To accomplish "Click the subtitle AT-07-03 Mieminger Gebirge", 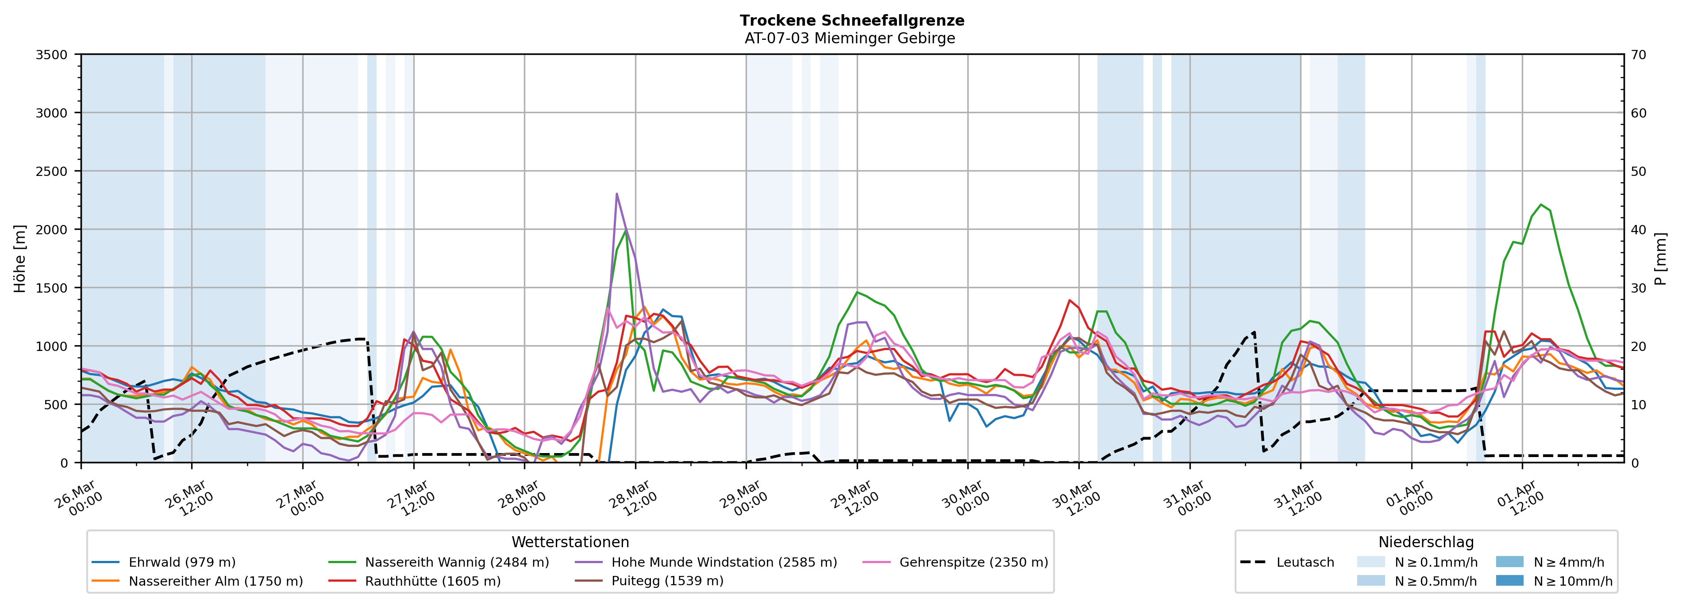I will (850, 38).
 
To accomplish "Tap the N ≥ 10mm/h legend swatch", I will (1509, 580).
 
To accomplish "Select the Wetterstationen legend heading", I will (570, 542).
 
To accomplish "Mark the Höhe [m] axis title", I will (20, 258).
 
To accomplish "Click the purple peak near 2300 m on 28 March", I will (616, 194).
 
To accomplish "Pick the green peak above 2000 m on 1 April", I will (1541, 205).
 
